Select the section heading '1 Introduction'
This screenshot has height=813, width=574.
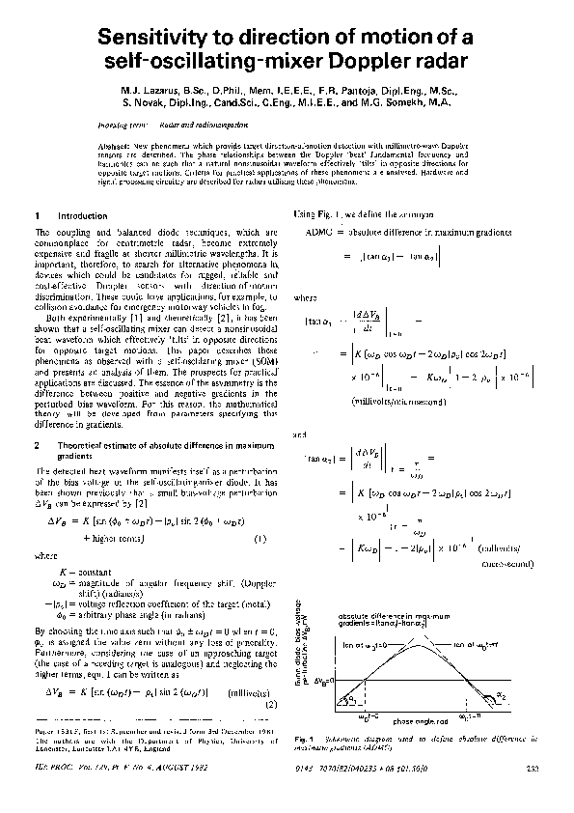[x=68, y=215]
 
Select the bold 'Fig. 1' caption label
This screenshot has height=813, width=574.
[x=303, y=739]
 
